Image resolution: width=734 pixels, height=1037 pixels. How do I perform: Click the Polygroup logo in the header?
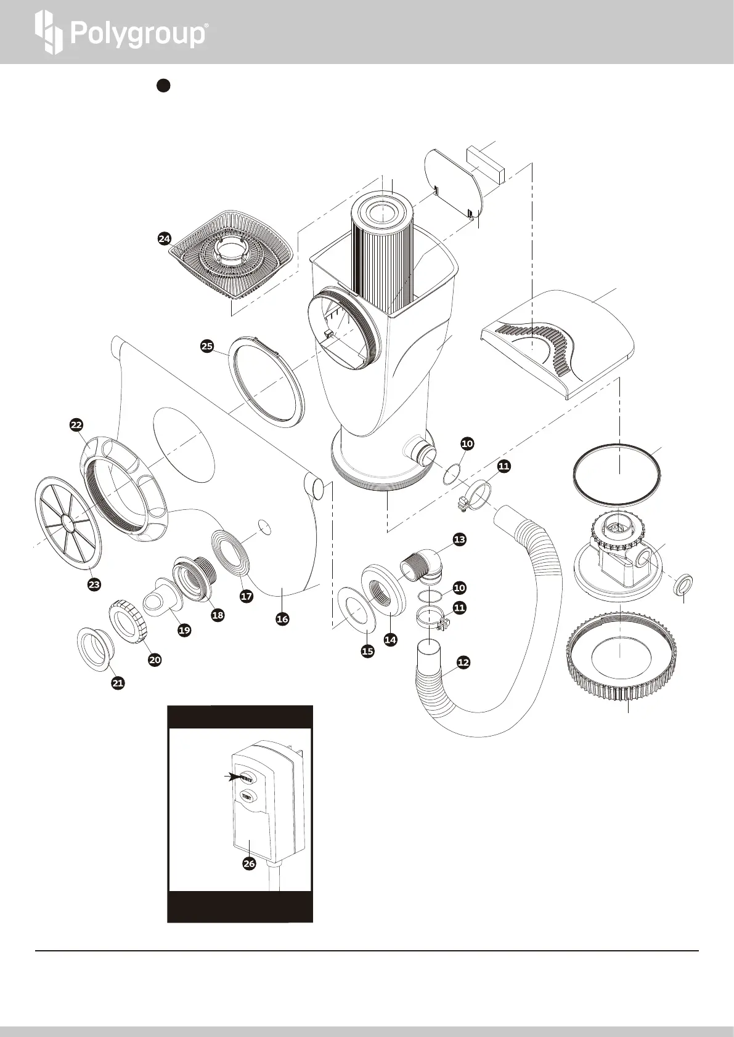click(x=121, y=33)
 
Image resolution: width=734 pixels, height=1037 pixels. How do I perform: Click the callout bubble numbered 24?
click(x=164, y=240)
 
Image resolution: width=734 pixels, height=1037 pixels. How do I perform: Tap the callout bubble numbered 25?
click(x=207, y=347)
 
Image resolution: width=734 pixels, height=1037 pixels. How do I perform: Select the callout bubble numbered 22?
click(x=76, y=425)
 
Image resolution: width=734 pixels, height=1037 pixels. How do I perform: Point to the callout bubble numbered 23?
click(x=94, y=584)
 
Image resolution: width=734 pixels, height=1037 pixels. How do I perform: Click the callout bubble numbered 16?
click(x=282, y=619)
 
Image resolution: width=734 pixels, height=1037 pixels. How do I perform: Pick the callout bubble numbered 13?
click(x=459, y=539)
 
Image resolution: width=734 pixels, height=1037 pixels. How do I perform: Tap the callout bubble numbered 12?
click(x=463, y=663)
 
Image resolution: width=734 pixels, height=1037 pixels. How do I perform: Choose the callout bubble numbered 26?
click(x=249, y=864)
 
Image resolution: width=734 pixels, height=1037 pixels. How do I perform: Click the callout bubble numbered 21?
click(x=118, y=682)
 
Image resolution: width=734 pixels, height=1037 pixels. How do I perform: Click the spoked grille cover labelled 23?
click(x=68, y=523)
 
